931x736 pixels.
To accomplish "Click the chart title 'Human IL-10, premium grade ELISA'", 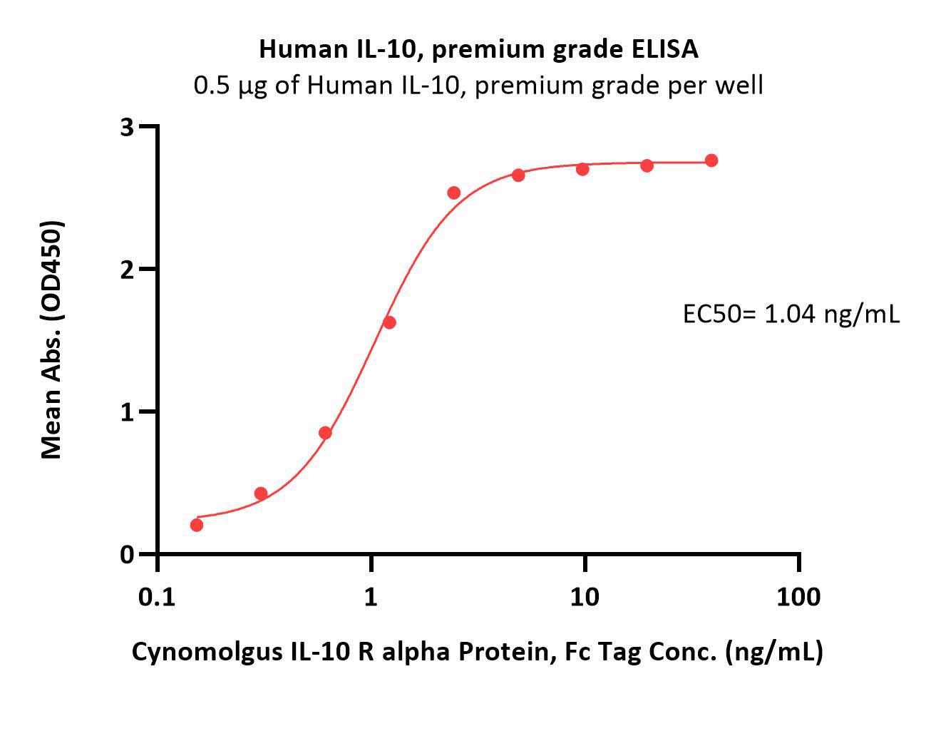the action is click(478, 49).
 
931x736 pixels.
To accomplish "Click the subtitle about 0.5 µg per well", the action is click(478, 86).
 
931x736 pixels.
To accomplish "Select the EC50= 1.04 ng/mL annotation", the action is click(791, 314).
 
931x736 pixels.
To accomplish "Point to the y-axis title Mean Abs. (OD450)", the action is click(52, 340).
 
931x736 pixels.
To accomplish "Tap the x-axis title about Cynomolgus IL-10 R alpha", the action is click(477, 652).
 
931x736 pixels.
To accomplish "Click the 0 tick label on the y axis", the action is click(127, 555).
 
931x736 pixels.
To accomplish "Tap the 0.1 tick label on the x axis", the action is click(157, 598).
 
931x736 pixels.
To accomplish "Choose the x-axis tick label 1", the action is click(370, 598).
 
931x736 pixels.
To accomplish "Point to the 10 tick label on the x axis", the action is click(584, 598).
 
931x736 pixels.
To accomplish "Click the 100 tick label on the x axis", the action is click(798, 598).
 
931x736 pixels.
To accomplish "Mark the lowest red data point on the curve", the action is click(197, 525).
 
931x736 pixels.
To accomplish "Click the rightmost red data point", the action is click(711, 160).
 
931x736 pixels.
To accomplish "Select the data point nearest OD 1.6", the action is click(389, 322).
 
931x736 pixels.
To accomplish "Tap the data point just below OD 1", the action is click(325, 433).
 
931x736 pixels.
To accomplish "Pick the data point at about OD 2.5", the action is click(454, 193).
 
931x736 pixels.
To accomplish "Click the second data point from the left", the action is click(261, 493).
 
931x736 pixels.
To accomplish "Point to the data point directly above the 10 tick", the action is click(582, 169).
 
